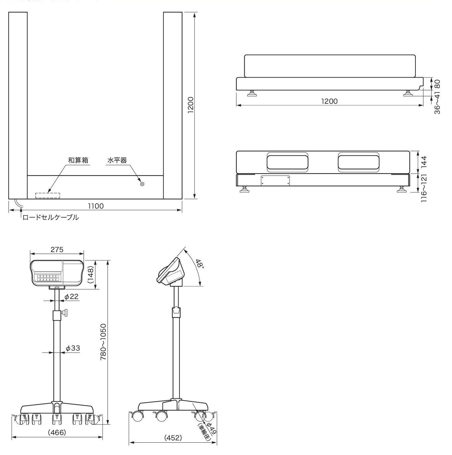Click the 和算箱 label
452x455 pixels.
(78, 160)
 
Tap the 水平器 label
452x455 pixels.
(117, 160)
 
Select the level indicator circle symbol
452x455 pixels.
(142, 184)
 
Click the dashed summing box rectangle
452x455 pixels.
(48, 196)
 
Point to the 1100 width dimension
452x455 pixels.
(96, 206)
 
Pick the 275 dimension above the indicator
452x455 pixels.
(57, 249)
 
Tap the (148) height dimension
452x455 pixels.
(90, 275)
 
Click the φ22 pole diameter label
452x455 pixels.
(71, 296)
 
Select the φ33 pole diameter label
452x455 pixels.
(73, 348)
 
